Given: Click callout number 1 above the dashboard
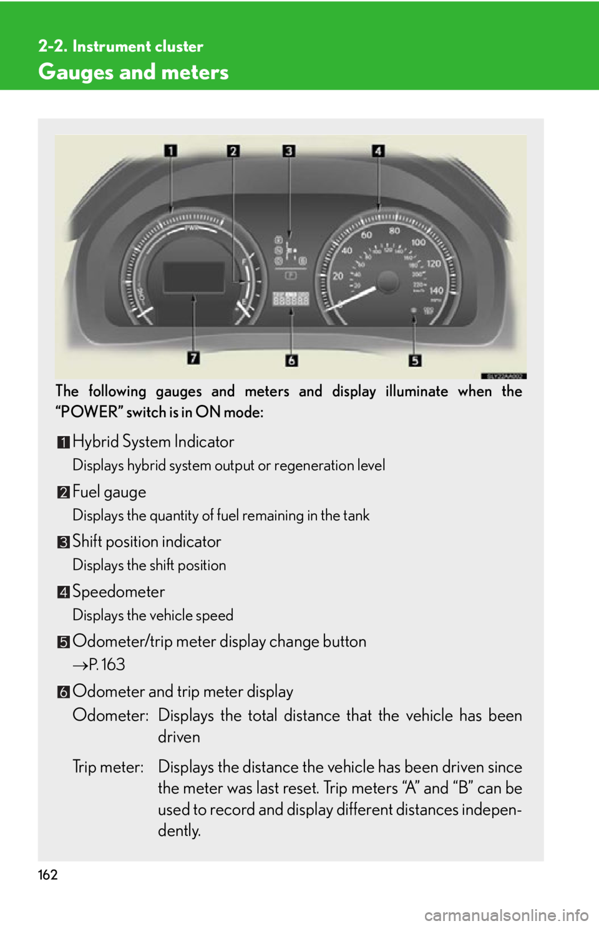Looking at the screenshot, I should point(171,151).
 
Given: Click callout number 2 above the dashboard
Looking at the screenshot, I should point(233,151).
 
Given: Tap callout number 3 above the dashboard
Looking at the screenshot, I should point(288,151).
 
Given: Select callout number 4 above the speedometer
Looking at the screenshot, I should point(378,151).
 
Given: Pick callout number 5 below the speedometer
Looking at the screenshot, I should point(415,361).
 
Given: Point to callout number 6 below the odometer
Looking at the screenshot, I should point(291,361).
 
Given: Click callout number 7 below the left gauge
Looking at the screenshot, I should point(193,358).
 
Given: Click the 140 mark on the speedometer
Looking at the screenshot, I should point(436,290).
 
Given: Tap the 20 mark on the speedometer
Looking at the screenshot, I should point(338,276).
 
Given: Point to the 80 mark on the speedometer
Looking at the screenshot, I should point(394,230).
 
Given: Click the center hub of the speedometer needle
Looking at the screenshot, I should point(388,281).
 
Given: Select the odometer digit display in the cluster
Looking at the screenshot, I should point(291,300).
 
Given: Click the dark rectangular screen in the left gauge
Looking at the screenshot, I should point(193,277).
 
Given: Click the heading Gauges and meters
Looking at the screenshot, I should point(134,72).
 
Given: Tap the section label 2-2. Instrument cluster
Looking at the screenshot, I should point(120,46).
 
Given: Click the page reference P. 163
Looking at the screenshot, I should point(106,665).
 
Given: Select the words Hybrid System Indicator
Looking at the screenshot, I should point(153,442).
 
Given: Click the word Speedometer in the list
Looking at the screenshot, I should point(119,592).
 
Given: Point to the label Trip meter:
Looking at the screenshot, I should point(108,767).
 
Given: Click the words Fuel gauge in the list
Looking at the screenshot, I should point(109,492).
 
